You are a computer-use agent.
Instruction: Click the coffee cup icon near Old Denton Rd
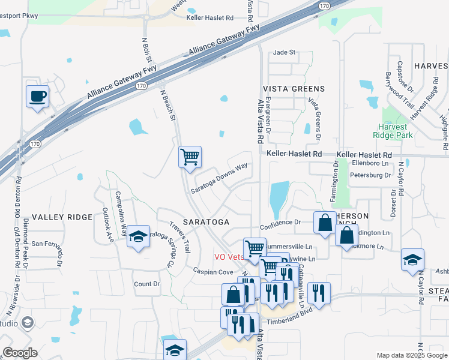(37, 96)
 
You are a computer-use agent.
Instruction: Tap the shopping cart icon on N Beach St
(190, 158)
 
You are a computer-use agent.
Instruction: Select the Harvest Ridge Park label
(400, 131)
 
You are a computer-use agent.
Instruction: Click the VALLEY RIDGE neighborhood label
(62, 217)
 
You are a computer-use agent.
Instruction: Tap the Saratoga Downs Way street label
(219, 178)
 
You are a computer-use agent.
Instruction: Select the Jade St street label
(285, 53)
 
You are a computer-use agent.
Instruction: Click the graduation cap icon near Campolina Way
(138, 237)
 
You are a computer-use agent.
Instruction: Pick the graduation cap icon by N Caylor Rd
(412, 259)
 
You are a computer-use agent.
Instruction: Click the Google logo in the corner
(20, 352)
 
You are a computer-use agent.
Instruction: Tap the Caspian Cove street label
(212, 272)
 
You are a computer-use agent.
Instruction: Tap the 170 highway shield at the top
(324, 6)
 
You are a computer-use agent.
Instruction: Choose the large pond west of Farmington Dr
(279, 199)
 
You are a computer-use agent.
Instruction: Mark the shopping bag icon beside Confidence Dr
(325, 223)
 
